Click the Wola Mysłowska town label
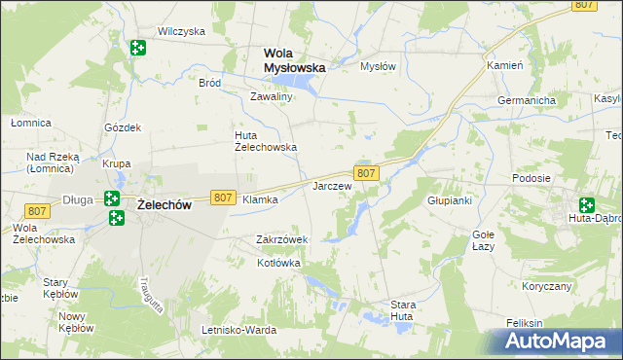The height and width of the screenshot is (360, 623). pos(295,60)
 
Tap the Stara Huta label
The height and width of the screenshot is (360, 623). pos(403,310)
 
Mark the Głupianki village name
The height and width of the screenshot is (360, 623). pos(450,200)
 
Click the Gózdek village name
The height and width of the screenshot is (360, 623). pos(124,127)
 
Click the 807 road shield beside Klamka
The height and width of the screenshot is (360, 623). pos(222,198)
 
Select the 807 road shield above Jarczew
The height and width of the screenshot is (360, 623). pos(366,173)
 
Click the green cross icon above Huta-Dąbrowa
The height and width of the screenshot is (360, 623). pos(586,205)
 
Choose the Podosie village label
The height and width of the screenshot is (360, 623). pos(531,178)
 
